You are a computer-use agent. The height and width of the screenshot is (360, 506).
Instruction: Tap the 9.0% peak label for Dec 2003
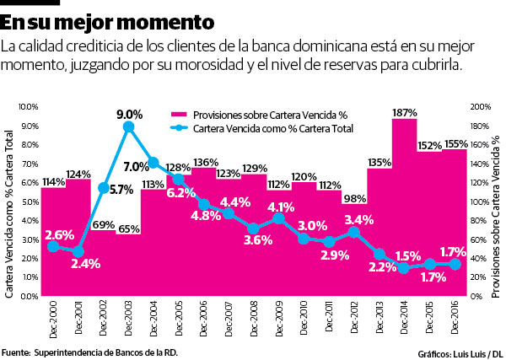pos(129,113)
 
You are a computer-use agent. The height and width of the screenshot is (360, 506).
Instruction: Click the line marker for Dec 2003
pos(128,126)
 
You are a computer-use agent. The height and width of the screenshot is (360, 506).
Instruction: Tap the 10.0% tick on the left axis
pos(28,107)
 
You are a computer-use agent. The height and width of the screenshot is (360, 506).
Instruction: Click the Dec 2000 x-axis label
pos(53,318)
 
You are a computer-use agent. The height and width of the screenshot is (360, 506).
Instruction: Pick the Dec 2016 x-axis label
pos(455,318)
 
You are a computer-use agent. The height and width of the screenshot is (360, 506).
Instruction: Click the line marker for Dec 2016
pos(455,264)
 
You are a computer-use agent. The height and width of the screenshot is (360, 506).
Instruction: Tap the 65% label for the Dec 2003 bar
pos(129,228)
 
